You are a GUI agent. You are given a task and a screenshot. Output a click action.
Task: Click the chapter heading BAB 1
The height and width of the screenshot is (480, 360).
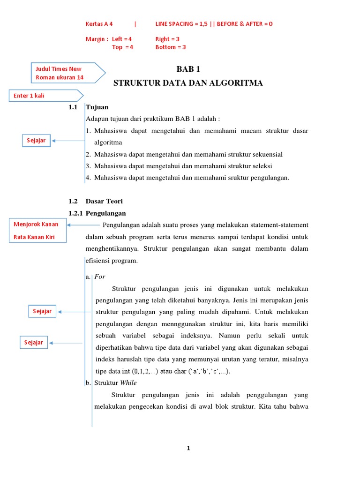pyautogui.click(x=188, y=69)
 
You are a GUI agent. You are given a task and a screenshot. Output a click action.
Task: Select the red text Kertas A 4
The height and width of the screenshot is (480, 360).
pyautogui.click(x=99, y=24)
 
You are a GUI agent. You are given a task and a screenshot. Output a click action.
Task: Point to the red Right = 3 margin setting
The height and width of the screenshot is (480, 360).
pyautogui.click(x=167, y=39)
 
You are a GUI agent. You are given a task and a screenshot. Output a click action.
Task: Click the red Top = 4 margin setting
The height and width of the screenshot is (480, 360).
pyautogui.click(x=122, y=47)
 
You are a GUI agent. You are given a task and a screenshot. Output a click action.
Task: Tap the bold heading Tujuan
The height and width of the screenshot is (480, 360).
pyautogui.click(x=97, y=107)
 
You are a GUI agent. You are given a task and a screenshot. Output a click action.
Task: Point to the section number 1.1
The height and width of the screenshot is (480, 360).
pyautogui.click(x=73, y=107)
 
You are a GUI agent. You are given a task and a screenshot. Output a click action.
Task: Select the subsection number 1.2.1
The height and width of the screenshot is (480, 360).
pyautogui.click(x=75, y=213)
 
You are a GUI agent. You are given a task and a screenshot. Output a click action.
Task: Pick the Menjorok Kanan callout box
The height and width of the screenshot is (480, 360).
pyautogui.click(x=36, y=224)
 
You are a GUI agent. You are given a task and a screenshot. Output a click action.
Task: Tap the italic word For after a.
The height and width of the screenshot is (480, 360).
pyautogui.click(x=100, y=277)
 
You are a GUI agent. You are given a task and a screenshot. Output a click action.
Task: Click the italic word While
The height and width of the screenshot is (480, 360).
pyautogui.click(x=128, y=383)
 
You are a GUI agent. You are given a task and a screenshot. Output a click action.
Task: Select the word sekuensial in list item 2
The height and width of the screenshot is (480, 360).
pyautogui.click(x=266, y=154)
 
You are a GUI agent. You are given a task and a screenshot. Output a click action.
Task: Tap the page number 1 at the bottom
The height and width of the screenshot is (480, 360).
pyautogui.click(x=188, y=449)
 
